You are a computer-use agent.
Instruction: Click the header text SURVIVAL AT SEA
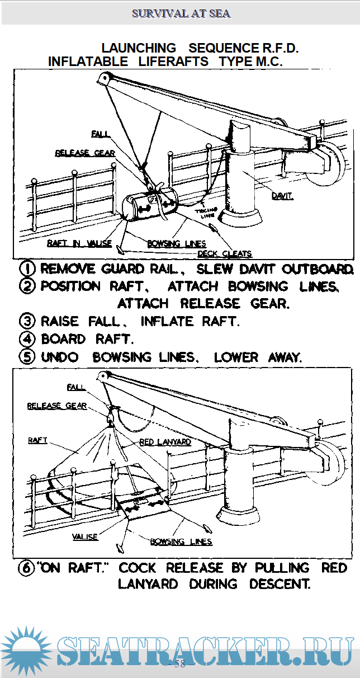(x=181, y=13)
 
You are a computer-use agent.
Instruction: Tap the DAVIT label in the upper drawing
(x=282, y=196)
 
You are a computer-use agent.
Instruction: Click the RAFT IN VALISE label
(x=72, y=243)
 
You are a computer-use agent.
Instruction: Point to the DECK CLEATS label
(x=225, y=253)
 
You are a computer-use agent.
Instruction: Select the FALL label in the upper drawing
(x=101, y=134)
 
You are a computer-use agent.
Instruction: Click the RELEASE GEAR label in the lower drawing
(x=57, y=406)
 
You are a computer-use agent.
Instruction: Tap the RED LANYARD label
(x=165, y=441)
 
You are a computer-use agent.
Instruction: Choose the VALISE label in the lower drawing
(x=85, y=536)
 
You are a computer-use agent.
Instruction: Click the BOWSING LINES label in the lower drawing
(x=181, y=542)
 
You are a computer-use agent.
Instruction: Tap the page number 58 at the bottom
(x=180, y=664)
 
